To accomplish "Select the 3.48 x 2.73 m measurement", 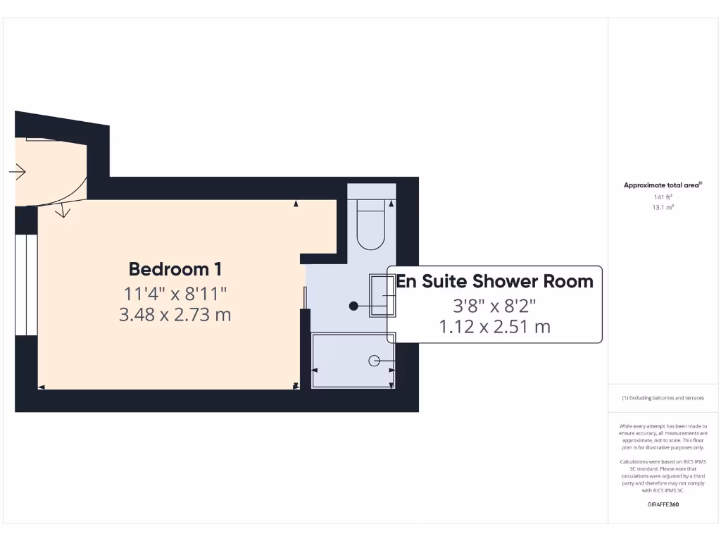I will point(175,314).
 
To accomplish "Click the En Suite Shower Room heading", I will point(494,281).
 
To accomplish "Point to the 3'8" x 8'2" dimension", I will point(494,306).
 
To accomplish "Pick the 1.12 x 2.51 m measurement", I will point(494,327).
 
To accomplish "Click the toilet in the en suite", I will point(371,224).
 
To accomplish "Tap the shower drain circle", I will point(374,361).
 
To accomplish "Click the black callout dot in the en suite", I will point(354,306).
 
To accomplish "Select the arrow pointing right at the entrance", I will point(18,172).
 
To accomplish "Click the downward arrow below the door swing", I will point(63,210).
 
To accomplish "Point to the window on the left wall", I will point(26,285).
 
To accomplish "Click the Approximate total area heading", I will point(663,185).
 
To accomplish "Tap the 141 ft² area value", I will point(663,197).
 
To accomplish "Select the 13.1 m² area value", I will point(663,207).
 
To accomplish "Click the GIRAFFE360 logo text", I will point(663,504).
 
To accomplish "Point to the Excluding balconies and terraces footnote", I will point(663,398).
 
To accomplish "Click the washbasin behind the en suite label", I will point(380,294).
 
